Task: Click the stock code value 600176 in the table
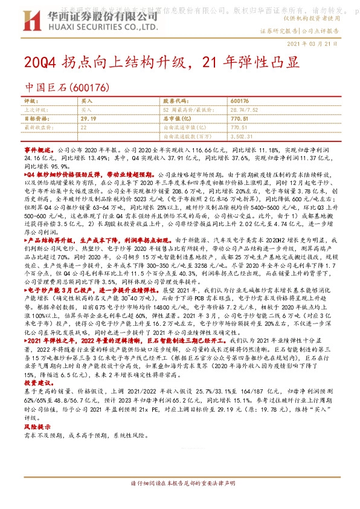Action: [x=240, y=100]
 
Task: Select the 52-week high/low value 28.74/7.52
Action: [x=245, y=109]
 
